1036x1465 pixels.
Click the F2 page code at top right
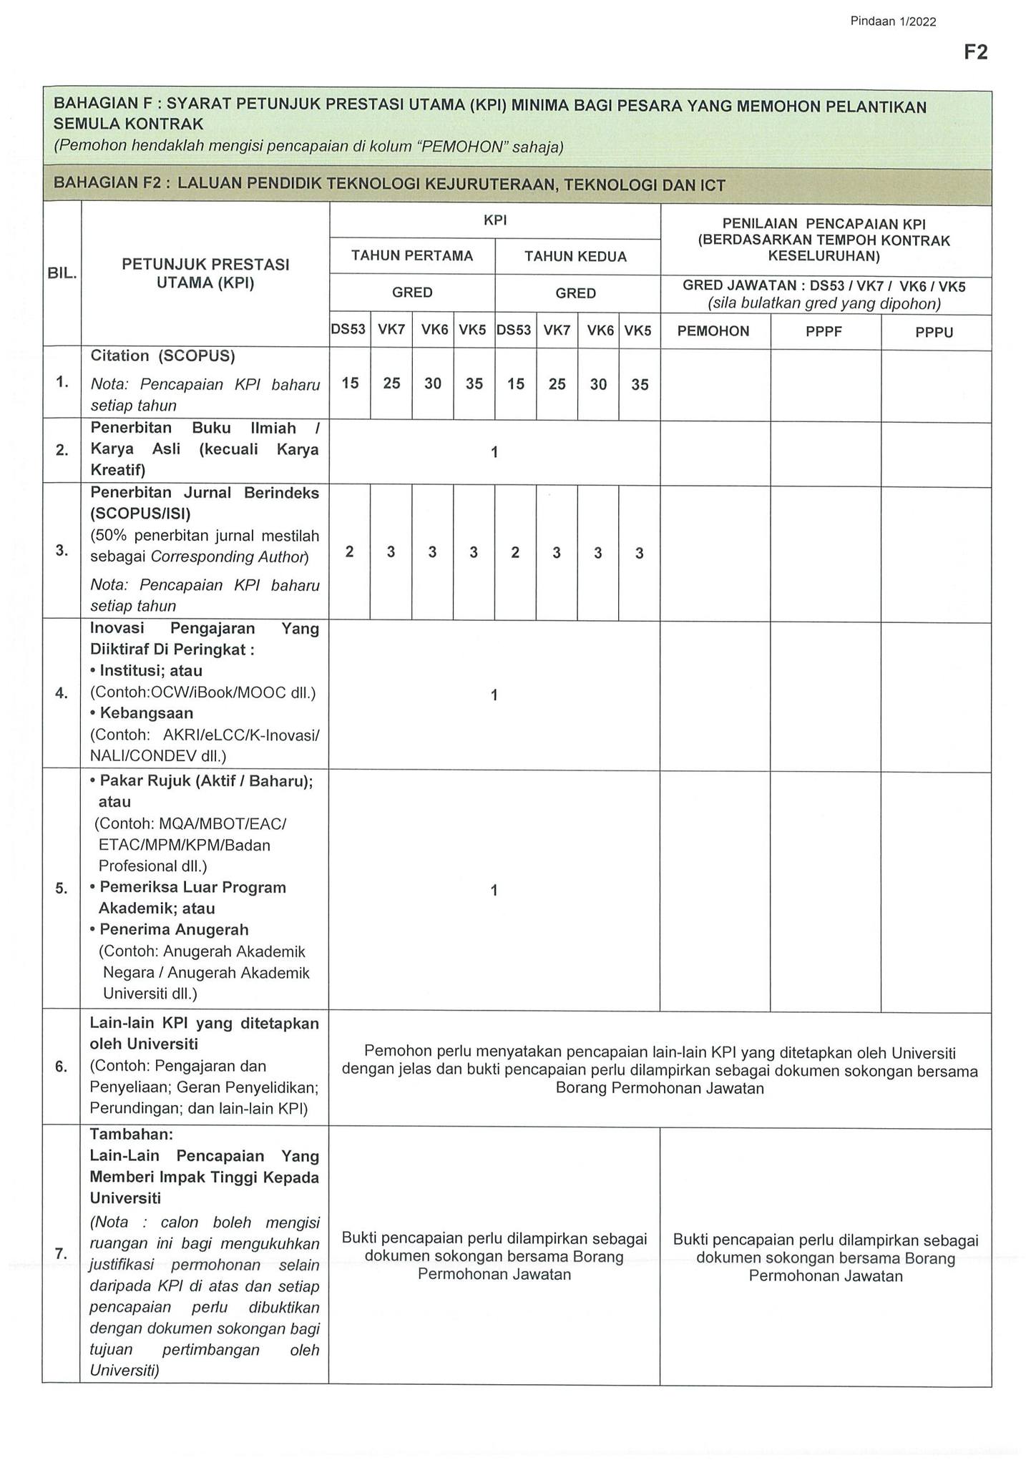coord(975,52)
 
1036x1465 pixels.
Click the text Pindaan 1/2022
coord(893,21)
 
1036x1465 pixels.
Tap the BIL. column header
coord(62,274)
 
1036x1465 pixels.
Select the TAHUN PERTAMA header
coord(412,256)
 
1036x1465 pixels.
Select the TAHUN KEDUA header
coord(576,257)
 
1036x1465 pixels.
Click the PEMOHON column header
coord(713,331)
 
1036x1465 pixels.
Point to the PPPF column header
coord(824,332)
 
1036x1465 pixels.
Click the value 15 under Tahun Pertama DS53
coord(350,383)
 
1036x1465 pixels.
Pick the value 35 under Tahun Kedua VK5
coord(640,385)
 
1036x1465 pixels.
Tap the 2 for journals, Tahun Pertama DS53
coord(350,552)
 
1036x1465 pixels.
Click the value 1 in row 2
coord(494,452)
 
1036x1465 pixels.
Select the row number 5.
coord(62,888)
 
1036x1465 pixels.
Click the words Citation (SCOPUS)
coord(162,356)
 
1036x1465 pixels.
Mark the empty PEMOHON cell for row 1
coord(715,385)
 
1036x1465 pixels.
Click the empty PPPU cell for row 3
coord(935,554)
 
